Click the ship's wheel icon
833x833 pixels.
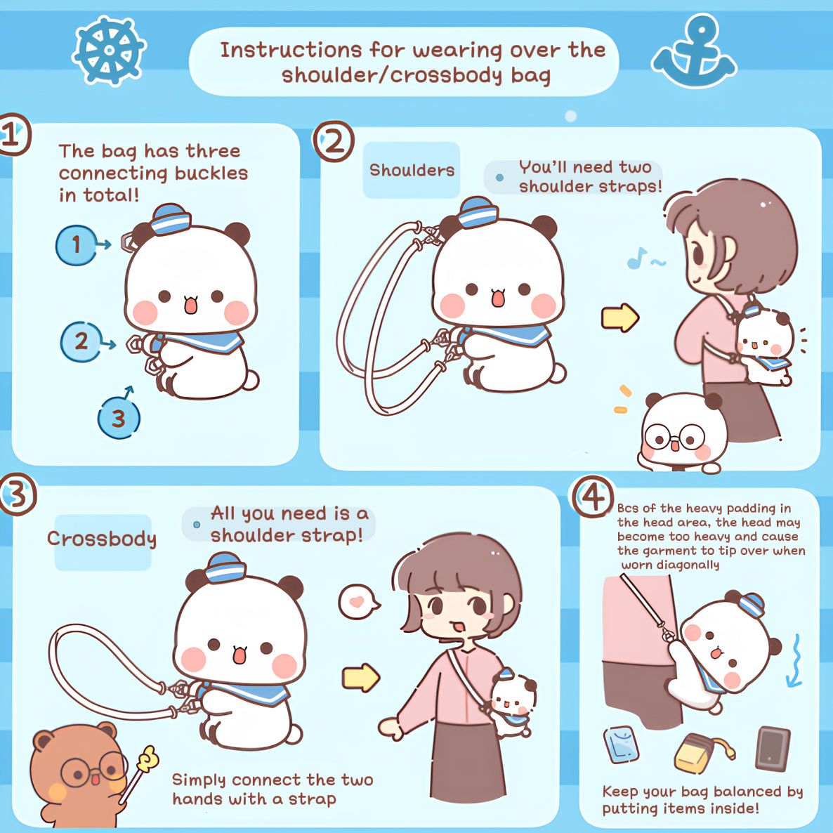109,51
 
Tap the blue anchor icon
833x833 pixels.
694,53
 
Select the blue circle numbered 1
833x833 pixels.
77,245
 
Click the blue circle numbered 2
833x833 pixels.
81,341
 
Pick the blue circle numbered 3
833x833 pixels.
119,418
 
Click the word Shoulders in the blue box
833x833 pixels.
412,170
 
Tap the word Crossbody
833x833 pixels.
102,539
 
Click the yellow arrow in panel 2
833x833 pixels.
620,317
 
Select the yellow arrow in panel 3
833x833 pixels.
361,678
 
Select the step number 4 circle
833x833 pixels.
593,497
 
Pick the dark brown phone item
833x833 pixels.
773,748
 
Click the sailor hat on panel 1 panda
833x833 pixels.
171,219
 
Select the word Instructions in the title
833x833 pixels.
291,50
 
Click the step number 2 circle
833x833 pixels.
334,141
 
